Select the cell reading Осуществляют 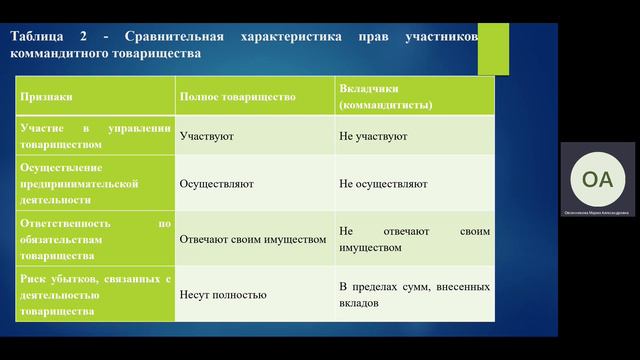click(216, 184)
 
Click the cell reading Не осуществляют click(383, 184)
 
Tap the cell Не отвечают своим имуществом click(414, 239)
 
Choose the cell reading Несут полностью click(222, 294)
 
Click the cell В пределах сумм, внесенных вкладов click(414, 294)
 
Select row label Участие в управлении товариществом click(96, 135)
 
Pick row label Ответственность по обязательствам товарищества click(96, 239)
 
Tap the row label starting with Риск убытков click(96, 294)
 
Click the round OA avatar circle click(597, 179)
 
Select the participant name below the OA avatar click(597, 212)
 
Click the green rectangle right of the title click(493, 47)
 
